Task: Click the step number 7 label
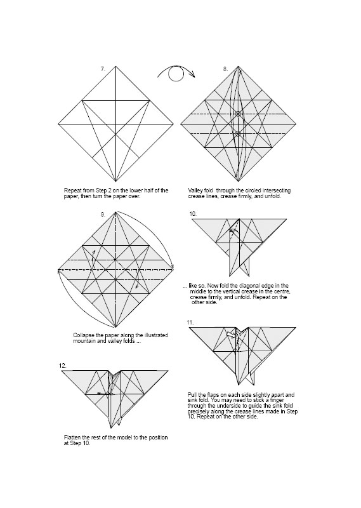tap(103, 69)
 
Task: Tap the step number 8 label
tap(225, 69)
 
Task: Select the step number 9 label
tap(103, 215)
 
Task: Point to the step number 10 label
tap(193, 214)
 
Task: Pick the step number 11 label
tap(190, 323)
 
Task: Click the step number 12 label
tap(62, 366)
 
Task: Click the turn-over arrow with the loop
tap(176, 74)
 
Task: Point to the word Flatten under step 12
tap(72, 438)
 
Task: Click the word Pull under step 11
tap(193, 394)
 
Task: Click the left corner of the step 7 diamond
tap(58, 124)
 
